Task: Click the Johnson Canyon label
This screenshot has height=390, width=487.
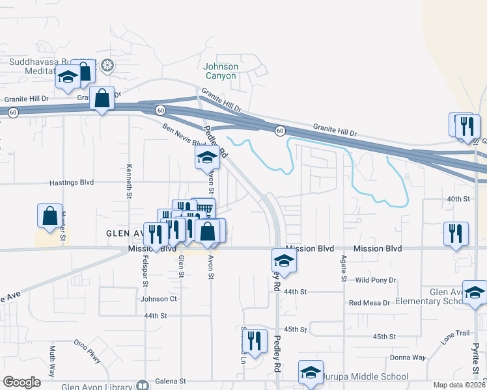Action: [x=221, y=71]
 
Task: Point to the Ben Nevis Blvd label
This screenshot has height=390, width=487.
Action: [x=180, y=135]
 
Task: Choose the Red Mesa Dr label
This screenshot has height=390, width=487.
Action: [x=369, y=303]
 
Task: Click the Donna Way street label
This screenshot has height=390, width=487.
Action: [x=408, y=357]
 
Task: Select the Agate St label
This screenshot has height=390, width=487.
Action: [x=343, y=268]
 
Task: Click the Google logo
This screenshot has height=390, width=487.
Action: [x=21, y=382]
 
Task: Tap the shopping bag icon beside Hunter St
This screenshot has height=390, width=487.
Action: [x=50, y=216]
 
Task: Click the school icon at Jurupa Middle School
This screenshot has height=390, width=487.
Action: [x=311, y=372]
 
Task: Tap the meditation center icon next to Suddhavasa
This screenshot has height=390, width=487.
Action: [x=107, y=66]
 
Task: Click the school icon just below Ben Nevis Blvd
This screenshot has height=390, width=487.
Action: [x=206, y=157]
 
